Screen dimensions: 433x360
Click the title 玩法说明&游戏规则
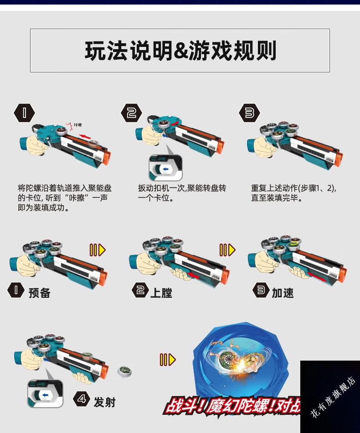[180, 51]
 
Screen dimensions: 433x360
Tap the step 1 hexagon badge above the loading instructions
[25, 113]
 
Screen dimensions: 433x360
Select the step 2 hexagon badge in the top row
[131, 113]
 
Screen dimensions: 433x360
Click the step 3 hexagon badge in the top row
[249, 113]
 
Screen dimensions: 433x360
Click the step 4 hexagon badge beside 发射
[82, 400]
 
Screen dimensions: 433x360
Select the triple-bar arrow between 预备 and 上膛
[97, 250]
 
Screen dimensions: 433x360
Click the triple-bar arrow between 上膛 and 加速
[227, 250]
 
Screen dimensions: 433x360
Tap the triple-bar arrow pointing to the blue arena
[167, 360]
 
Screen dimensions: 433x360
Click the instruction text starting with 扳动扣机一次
[182, 193]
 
